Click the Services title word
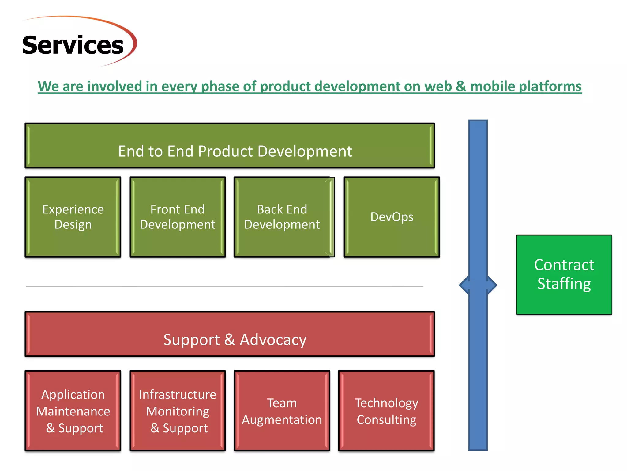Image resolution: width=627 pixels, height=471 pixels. pyautogui.click(x=73, y=45)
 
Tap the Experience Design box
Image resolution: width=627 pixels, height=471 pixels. pyautogui.click(x=73, y=217)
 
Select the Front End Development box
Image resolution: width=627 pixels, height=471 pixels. pyautogui.click(x=178, y=217)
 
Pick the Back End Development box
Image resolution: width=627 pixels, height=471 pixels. pyautogui.click(x=282, y=217)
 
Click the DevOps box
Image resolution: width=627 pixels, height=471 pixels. pyautogui.click(x=392, y=217)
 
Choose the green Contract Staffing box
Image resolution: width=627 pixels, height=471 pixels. pyautogui.click(x=564, y=274)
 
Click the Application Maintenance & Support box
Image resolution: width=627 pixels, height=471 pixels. pyautogui.click(x=73, y=411)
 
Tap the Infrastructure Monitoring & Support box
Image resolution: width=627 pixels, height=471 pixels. pyautogui.click(x=178, y=411)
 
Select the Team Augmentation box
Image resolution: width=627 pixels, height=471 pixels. pyautogui.click(x=282, y=411)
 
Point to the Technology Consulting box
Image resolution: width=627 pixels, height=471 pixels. pyautogui.click(x=386, y=411)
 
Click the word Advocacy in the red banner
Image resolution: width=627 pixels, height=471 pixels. pyautogui.click(x=273, y=340)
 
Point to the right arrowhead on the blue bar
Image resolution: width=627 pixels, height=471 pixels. pyautogui.click(x=492, y=285)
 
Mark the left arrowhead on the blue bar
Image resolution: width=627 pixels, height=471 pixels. pyautogui.click(x=464, y=285)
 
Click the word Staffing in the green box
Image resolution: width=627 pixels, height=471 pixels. pyautogui.click(x=564, y=284)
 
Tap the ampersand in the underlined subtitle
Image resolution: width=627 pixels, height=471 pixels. pyautogui.click(x=461, y=86)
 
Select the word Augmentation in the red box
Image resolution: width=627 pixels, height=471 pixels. pyautogui.click(x=282, y=419)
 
